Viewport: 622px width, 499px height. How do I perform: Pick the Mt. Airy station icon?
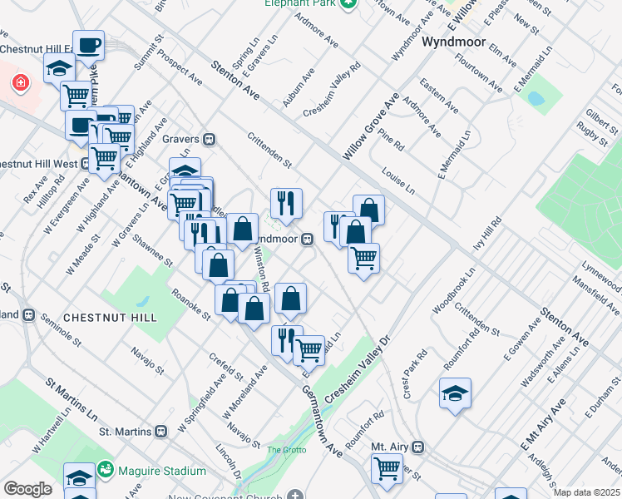[x=419, y=447]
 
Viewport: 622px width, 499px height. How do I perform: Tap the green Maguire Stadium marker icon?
[x=105, y=471]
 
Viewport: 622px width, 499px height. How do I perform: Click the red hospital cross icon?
[x=19, y=83]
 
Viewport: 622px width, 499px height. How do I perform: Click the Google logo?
[x=28, y=489]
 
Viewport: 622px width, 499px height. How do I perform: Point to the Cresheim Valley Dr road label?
[x=358, y=371]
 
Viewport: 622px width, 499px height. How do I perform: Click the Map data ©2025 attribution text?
[x=586, y=492]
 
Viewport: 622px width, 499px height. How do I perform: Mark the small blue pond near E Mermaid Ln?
[x=536, y=99]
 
